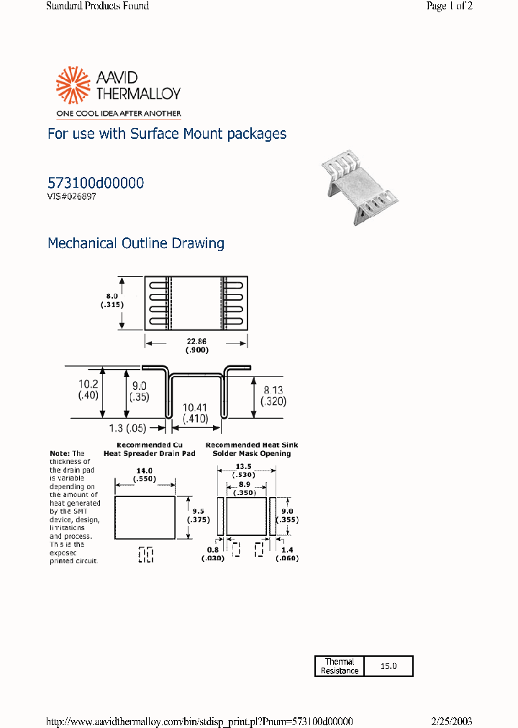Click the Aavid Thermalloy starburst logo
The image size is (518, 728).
pyautogui.click(x=71, y=85)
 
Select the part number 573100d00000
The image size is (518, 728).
pyautogui.click(x=95, y=183)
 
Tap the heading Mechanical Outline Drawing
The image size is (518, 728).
pyautogui.click(x=135, y=243)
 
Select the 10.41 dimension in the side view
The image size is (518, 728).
pyautogui.click(x=196, y=407)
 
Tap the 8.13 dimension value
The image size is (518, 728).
pyautogui.click(x=273, y=389)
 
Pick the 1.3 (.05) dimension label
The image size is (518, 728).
pyautogui.click(x=127, y=428)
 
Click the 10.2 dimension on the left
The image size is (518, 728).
pyautogui.click(x=88, y=384)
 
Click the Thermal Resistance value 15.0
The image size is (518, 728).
pyautogui.click(x=388, y=666)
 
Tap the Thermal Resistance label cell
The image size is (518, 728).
pyautogui.click(x=340, y=666)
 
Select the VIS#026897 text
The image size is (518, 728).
pyautogui.click(x=71, y=196)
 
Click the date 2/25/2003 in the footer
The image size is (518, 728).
pyautogui.click(x=451, y=722)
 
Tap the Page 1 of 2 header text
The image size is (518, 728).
pyautogui.click(x=449, y=6)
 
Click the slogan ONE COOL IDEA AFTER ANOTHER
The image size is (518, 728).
pyautogui.click(x=114, y=113)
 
